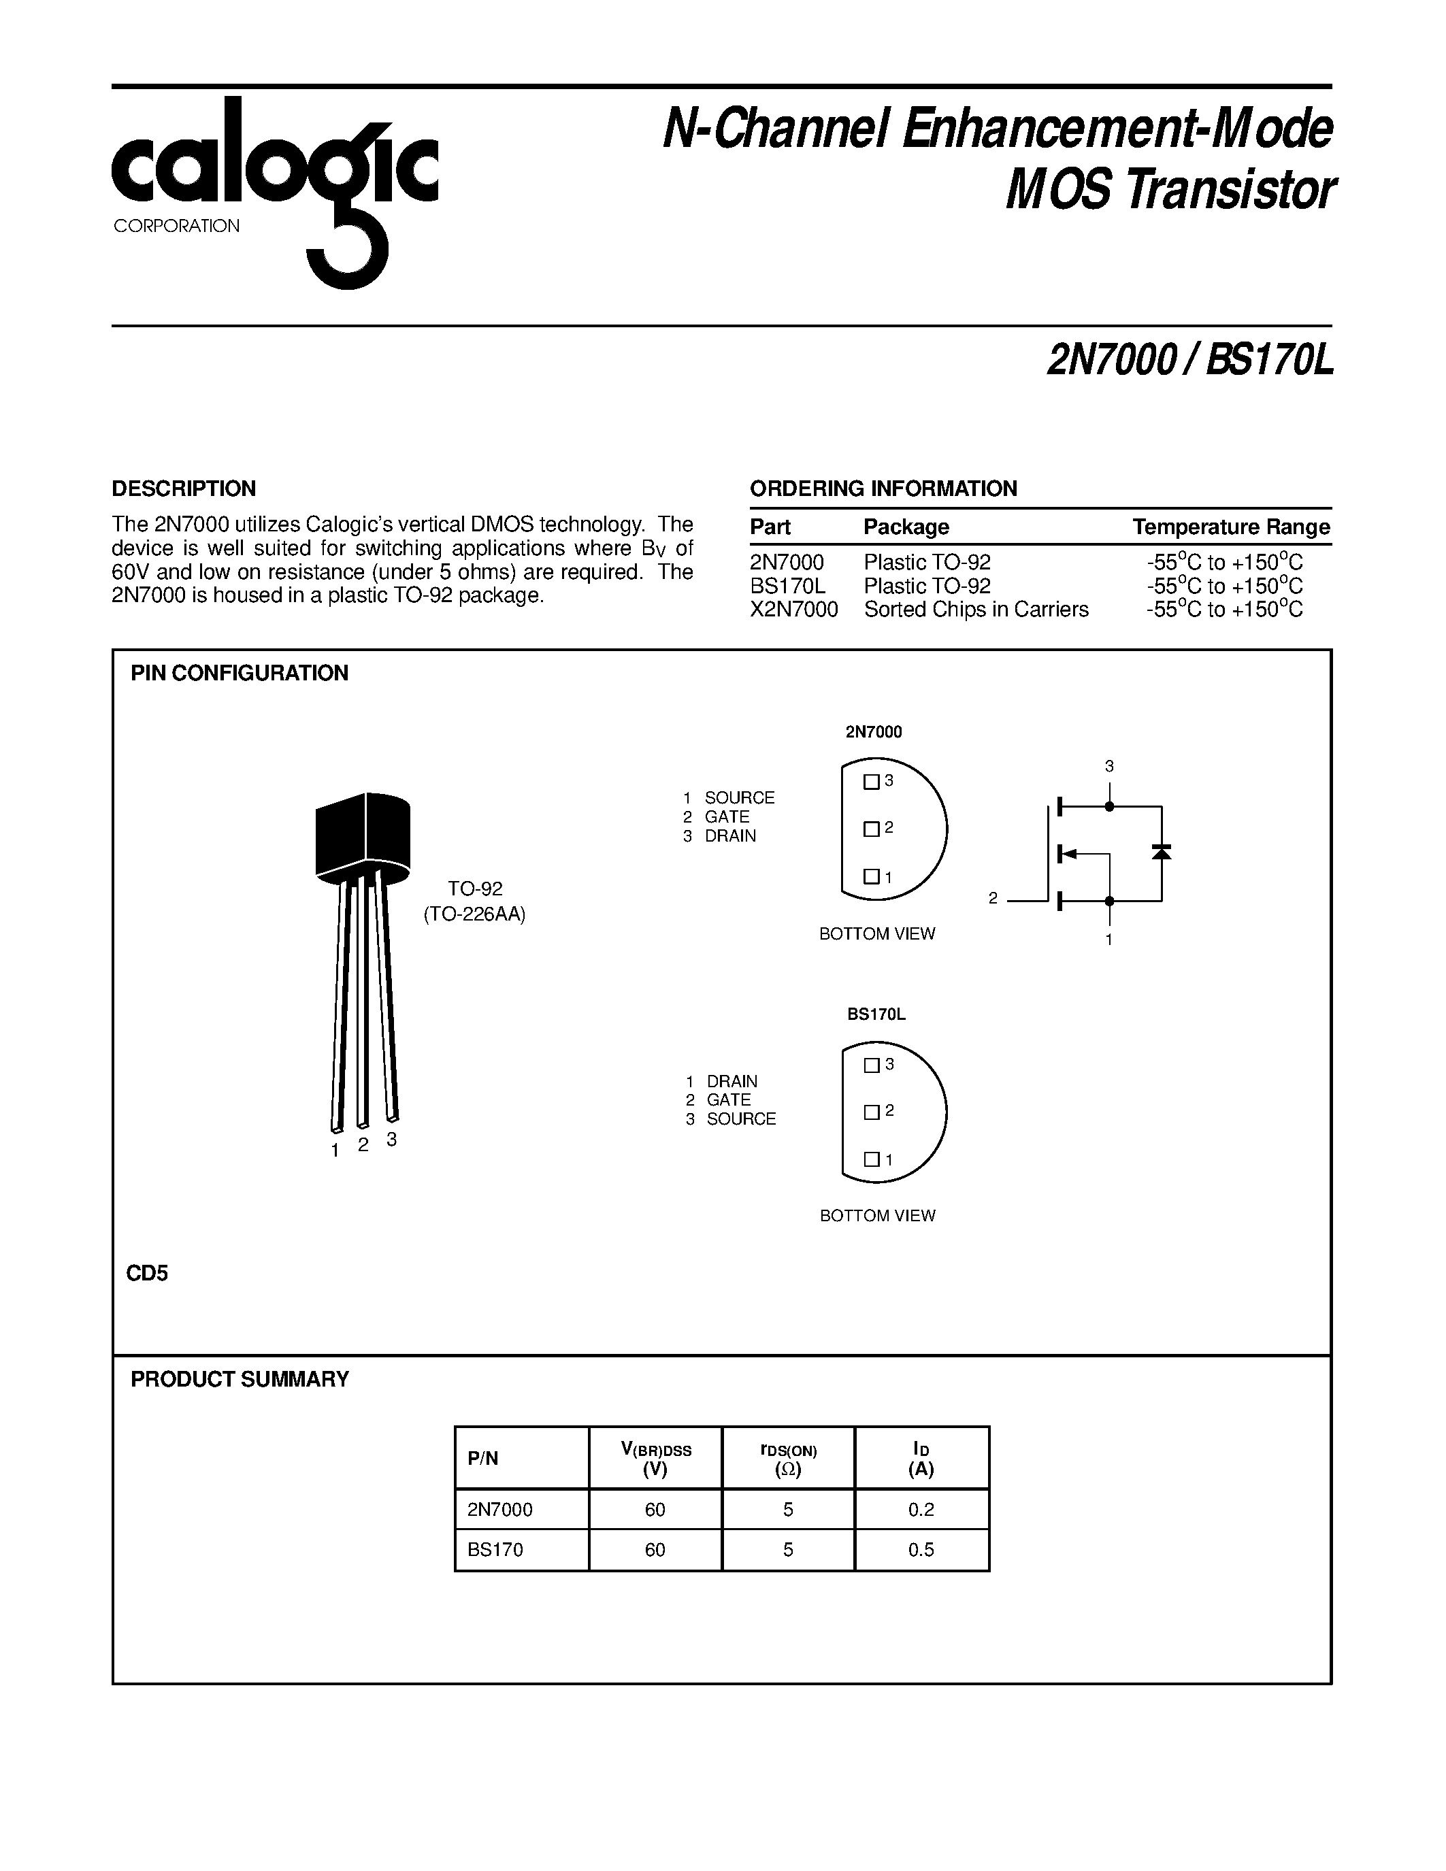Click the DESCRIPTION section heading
[183, 489]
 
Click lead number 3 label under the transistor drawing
[391, 1140]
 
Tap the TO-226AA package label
[474, 914]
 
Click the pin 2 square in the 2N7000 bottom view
[871, 829]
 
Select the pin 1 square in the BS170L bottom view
[871, 1159]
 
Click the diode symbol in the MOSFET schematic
[1162, 852]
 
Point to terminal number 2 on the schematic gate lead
[993, 899]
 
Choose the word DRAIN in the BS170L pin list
[732, 1081]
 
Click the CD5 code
[148, 1274]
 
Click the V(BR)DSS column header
[655, 1459]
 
